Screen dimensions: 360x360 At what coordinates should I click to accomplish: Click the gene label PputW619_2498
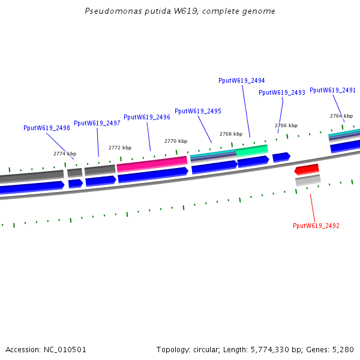[x=47, y=128]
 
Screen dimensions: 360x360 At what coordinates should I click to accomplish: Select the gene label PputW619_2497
[x=97, y=123]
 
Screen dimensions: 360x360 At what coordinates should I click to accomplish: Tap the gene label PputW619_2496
[x=147, y=118]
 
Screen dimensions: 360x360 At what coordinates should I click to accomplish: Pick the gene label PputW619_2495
[x=198, y=111]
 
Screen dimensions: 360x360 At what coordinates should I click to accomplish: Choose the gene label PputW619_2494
[x=242, y=80]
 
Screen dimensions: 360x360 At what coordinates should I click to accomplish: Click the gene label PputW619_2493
[x=282, y=92]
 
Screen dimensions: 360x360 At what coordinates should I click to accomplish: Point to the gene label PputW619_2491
[x=333, y=90]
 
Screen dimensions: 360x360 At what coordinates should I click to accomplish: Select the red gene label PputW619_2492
[x=316, y=226]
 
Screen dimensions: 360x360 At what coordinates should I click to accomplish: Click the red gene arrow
[x=307, y=169]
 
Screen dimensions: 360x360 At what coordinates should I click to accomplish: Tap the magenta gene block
[x=152, y=161]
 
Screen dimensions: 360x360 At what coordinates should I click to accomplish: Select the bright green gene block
[x=252, y=150]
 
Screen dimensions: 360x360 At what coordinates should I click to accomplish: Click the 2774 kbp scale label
[x=65, y=154]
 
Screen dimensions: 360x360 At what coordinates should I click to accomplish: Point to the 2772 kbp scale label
[x=120, y=148]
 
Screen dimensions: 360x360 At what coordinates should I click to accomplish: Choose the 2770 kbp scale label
[x=176, y=141]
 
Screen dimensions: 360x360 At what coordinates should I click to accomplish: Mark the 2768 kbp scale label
[x=231, y=134]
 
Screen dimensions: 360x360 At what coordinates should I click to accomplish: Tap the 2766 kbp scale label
[x=286, y=125]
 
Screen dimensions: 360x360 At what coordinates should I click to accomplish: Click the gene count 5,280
[x=342, y=349]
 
